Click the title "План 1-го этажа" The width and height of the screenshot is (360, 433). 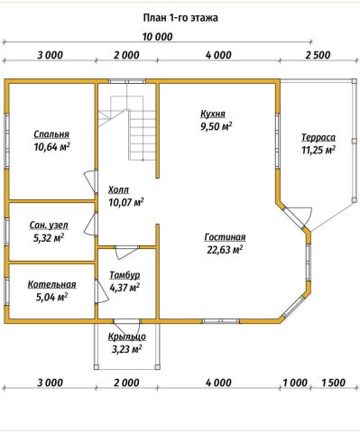tap(180, 18)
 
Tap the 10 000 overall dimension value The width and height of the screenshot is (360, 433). tap(158, 37)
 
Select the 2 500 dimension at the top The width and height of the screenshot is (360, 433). tap(318, 55)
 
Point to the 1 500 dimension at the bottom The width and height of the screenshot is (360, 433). tap(333, 382)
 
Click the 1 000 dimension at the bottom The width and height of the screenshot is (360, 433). tap(295, 382)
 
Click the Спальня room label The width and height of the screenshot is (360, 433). tap(51, 134)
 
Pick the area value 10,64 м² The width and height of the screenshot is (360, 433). tap(52, 147)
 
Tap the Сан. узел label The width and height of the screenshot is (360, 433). tap(49, 226)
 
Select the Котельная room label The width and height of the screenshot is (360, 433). tap(51, 284)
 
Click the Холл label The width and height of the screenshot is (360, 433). tap(118, 190)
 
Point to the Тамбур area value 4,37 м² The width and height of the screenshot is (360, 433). tap(125, 288)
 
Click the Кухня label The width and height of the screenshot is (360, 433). tap(213, 115)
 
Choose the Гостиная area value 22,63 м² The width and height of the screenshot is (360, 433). tap(225, 250)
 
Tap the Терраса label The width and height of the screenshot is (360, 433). tap(318, 138)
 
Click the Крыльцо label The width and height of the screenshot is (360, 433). tap(127, 336)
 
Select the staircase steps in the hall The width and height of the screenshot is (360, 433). tap(143, 134)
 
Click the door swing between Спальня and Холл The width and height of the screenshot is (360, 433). tap(89, 181)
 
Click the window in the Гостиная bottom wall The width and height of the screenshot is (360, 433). tap(221, 321)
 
